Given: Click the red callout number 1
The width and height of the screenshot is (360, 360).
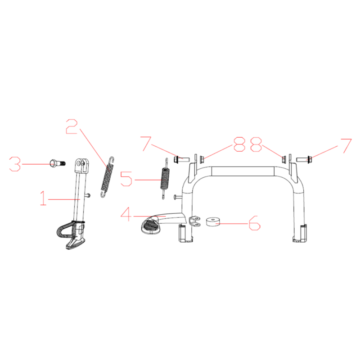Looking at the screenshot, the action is [x=43, y=198].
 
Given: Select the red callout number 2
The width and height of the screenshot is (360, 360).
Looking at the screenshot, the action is [x=72, y=126].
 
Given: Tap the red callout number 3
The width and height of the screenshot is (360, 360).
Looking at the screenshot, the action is [x=15, y=164].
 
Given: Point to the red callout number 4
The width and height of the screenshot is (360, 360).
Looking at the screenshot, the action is [x=126, y=215].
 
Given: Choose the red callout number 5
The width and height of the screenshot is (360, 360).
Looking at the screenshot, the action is [x=126, y=179].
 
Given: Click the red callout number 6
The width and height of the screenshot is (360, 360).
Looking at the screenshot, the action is [x=255, y=223].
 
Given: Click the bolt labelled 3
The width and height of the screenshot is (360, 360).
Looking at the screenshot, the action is [x=58, y=163].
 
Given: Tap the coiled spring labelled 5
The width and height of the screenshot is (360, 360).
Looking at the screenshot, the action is [x=165, y=178].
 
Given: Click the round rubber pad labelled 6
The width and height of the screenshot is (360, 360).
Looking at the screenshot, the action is [x=213, y=222].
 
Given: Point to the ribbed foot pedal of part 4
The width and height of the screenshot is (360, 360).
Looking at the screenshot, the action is [x=150, y=226].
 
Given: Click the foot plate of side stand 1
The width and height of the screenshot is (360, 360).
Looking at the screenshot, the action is [x=76, y=243].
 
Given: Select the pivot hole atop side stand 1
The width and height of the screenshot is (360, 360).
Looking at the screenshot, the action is [x=80, y=163].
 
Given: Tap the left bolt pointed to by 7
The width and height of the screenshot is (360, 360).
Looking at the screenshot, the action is [x=181, y=159].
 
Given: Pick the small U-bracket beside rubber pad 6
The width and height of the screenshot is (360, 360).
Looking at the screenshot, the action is [x=195, y=220].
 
